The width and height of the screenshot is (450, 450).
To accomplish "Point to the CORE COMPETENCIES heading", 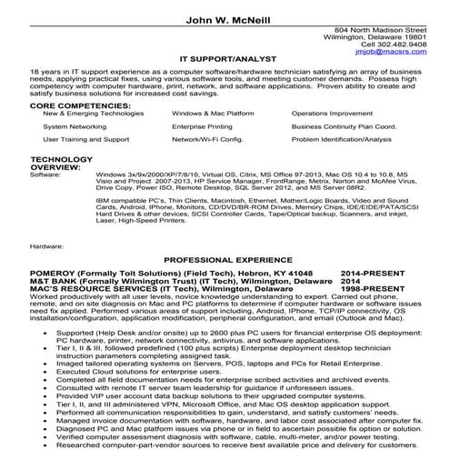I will point(74,105).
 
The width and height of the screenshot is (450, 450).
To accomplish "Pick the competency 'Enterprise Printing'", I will point(202,128).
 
